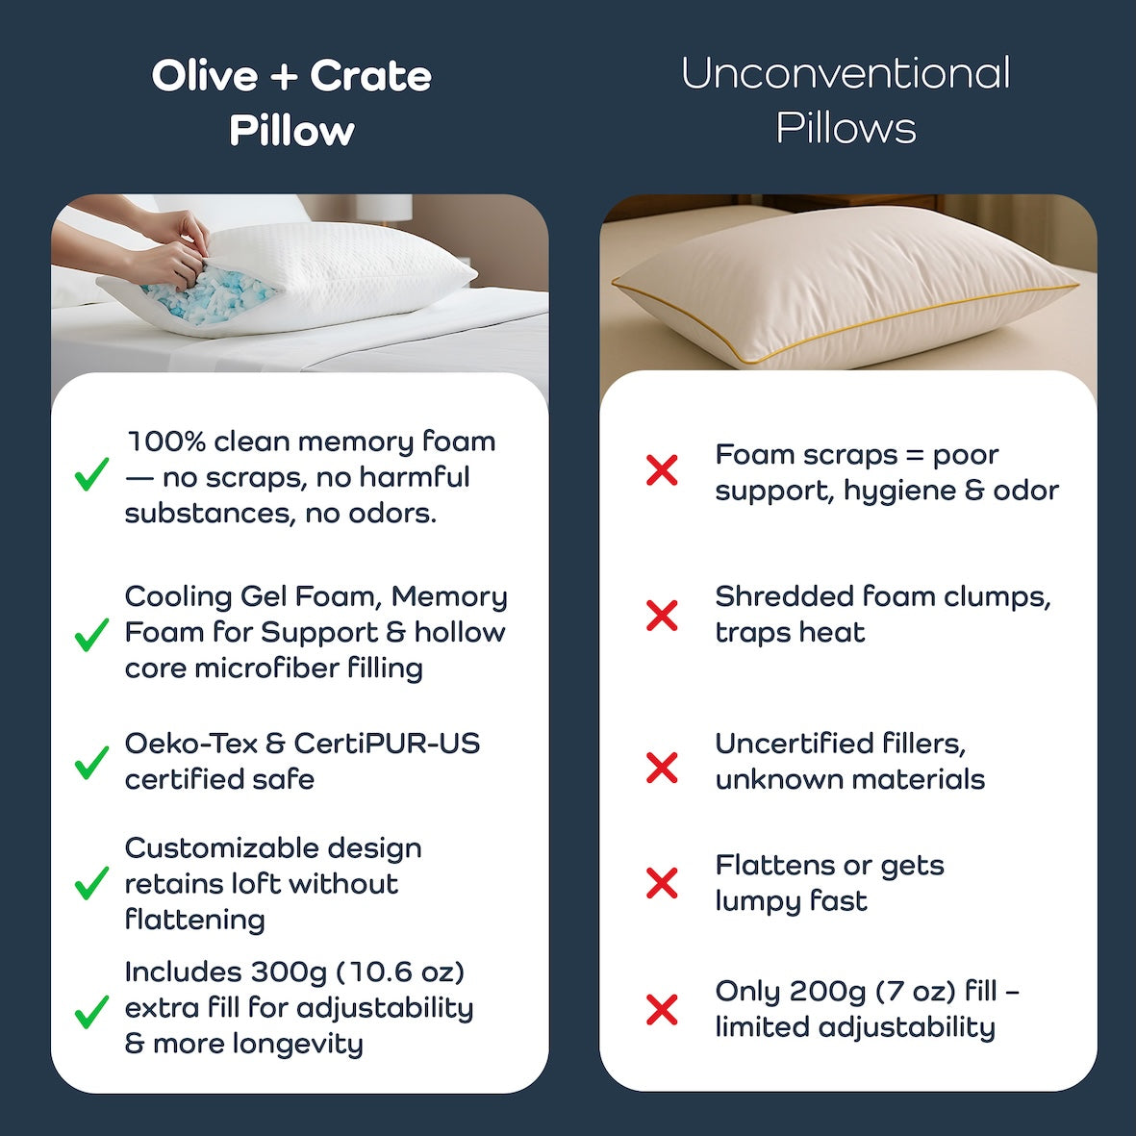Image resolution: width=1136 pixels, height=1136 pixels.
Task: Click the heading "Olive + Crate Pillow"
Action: tap(291, 103)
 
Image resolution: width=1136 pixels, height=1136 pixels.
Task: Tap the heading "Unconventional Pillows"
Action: tap(846, 100)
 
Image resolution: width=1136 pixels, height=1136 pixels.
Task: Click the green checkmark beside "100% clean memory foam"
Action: tap(92, 474)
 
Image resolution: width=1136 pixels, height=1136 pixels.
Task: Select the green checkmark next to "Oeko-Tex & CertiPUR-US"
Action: tap(92, 763)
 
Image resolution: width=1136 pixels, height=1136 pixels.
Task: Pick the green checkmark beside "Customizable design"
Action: tap(92, 883)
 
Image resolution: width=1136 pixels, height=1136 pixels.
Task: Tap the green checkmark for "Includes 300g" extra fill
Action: tap(92, 1011)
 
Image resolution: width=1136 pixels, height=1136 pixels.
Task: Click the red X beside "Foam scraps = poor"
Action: tap(662, 470)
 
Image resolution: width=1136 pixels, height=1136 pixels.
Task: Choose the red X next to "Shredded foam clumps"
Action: tap(662, 616)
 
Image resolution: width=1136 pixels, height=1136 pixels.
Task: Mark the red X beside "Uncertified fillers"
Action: tap(662, 768)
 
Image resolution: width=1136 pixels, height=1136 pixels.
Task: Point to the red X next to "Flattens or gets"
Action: tap(662, 883)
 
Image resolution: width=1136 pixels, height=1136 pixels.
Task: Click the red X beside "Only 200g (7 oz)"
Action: tap(662, 1010)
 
